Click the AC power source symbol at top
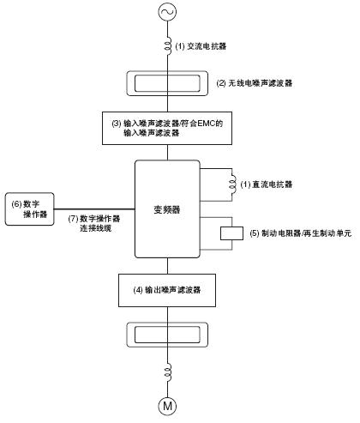tap(165, 12)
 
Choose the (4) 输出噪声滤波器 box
tap(165, 290)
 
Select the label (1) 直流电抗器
tap(267, 184)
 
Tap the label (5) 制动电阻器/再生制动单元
tap(297, 233)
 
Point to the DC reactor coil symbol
tap(231, 184)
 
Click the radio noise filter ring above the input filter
tap(165, 83)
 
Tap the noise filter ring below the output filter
tap(165, 332)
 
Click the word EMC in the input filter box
tap(196, 123)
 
